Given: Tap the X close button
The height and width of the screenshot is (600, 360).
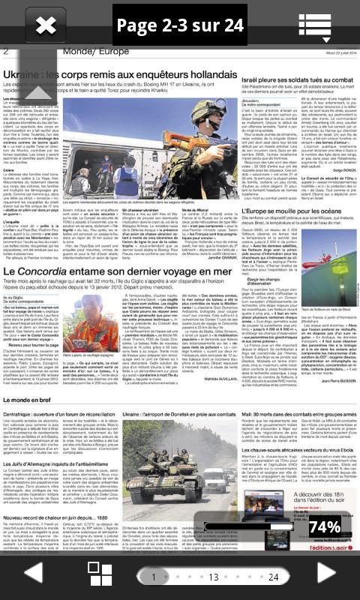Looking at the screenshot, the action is (46, 25).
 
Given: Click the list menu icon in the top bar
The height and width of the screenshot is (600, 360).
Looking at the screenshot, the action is (314, 25).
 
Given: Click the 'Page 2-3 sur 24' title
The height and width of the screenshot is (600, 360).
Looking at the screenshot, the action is (180, 25).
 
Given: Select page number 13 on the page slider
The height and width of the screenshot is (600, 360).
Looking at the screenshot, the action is (213, 577).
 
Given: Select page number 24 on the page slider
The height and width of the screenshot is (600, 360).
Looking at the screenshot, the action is (273, 577).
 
